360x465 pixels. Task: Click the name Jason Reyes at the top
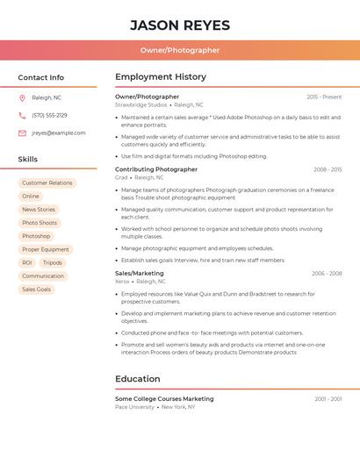180,25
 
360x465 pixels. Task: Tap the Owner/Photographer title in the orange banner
180,50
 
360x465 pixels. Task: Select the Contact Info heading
41,77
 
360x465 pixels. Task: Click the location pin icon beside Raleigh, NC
22,97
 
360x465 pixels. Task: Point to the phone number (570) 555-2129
49,115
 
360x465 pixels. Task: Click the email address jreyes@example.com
59,132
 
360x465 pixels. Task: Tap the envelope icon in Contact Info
22,132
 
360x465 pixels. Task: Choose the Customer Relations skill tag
47,183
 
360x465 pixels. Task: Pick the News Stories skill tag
39,210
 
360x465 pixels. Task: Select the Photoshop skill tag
36,236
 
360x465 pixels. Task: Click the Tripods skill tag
53,262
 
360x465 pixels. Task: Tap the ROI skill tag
27,262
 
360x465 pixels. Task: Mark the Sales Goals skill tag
37,289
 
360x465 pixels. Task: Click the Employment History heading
161,77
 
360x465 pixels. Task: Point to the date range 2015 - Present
324,97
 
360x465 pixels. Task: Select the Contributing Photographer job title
156,169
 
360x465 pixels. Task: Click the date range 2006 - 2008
327,273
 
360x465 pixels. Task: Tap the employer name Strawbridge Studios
140,104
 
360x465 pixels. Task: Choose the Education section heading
138,379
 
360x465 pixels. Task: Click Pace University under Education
134,407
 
